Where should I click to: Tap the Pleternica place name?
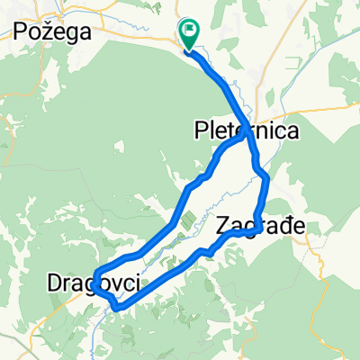247,131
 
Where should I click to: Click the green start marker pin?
190,35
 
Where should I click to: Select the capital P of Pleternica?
201,131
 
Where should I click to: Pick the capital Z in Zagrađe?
224,226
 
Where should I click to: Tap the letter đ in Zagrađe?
283,226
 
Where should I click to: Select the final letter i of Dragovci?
139,284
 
